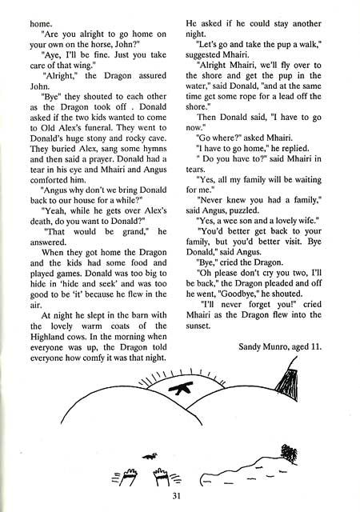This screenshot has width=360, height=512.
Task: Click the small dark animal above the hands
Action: (x=148, y=455)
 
